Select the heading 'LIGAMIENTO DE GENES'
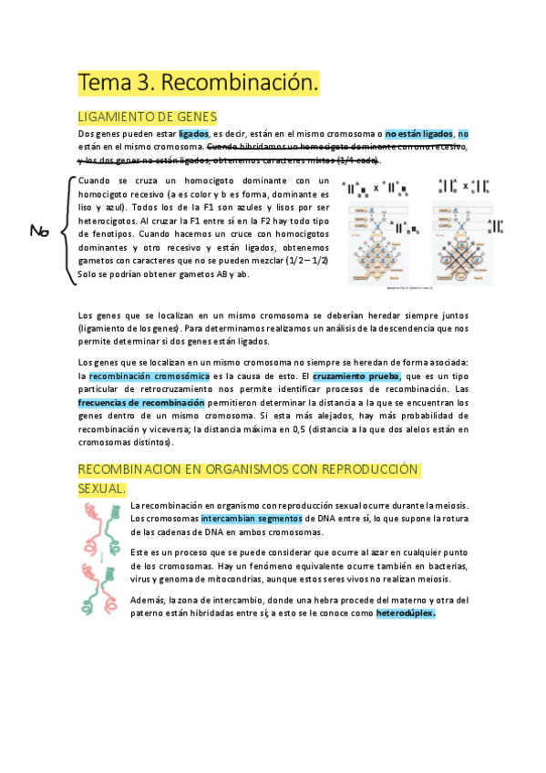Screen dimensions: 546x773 (x=147, y=117)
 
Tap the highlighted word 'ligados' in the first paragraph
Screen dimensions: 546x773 (x=193, y=134)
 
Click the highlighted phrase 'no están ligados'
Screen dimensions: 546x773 (x=418, y=134)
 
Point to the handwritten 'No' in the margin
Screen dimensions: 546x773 (x=39, y=232)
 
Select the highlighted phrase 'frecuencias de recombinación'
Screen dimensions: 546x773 (x=140, y=402)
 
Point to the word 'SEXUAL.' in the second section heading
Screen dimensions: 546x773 (x=102, y=490)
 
